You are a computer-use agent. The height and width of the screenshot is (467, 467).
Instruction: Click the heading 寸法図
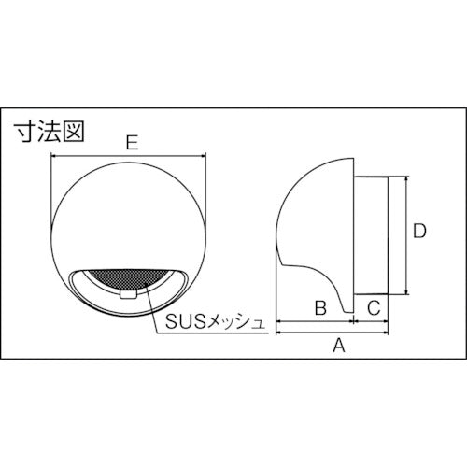[50, 130]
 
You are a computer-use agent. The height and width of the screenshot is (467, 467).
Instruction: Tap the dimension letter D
[420, 230]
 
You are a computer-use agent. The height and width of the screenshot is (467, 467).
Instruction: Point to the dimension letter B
[318, 305]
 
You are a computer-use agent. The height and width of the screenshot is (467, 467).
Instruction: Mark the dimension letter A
[340, 346]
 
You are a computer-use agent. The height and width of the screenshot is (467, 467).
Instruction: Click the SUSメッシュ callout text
[214, 323]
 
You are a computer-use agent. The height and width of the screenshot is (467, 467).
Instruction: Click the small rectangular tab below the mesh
[128, 293]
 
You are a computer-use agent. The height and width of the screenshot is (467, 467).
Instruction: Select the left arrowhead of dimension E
[53, 158]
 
